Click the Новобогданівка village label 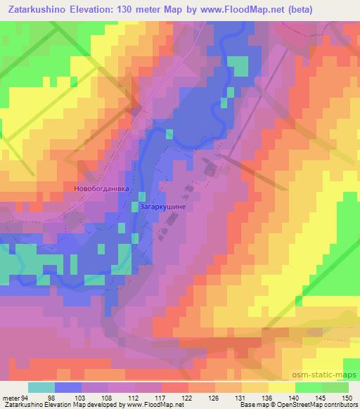coord(102,188)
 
